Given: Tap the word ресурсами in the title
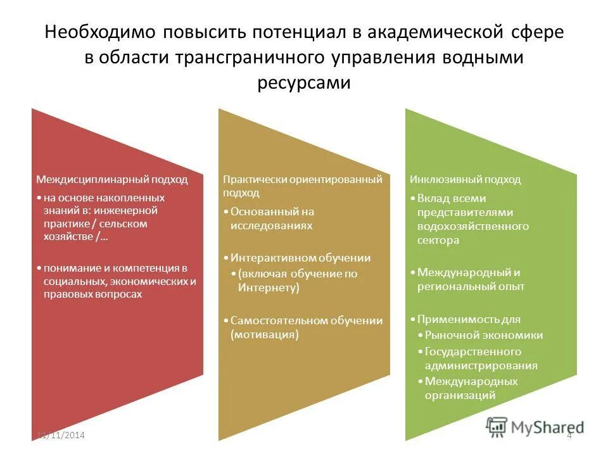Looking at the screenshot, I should point(304,83).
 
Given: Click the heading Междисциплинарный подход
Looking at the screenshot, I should point(111,179).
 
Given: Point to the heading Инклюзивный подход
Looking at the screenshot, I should point(465,179).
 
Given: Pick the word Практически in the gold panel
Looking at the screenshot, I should point(255,179).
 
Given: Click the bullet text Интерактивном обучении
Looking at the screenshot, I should point(300,258).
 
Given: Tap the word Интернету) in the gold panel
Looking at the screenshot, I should point(269,288).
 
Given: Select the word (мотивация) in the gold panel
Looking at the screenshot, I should point(265,334).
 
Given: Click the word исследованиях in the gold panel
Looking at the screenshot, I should point(272,225).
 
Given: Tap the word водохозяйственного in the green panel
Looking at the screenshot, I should point(473,226).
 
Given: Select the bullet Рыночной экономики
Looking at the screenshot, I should point(484,335).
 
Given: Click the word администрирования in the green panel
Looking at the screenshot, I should point(481,365).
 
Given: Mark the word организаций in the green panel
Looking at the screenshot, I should point(460,395).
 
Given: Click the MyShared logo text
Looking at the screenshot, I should point(548,427).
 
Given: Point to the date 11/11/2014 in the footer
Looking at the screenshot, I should point(61,435).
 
